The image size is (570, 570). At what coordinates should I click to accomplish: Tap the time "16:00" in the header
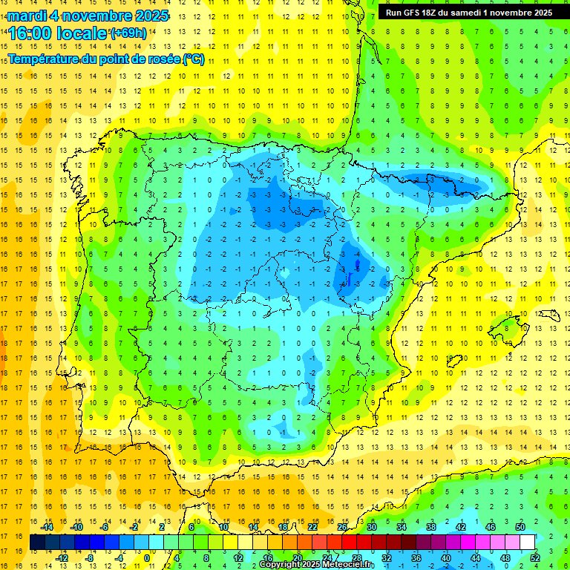30,33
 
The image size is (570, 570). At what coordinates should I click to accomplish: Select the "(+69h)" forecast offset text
128,33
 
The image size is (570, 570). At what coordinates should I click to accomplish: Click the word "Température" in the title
45,59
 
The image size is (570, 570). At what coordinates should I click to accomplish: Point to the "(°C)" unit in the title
193,59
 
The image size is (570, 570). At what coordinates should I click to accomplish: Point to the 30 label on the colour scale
371,527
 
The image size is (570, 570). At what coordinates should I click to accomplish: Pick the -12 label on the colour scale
62,557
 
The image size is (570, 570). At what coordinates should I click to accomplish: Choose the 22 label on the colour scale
312,527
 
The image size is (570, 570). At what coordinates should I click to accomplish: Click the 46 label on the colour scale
491,527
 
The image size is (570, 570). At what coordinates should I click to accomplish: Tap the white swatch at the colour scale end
528,542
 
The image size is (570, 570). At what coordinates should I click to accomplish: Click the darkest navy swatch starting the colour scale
37,542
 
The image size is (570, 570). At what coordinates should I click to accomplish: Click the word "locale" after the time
82,33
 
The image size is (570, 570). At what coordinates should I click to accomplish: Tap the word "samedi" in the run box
461,13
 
